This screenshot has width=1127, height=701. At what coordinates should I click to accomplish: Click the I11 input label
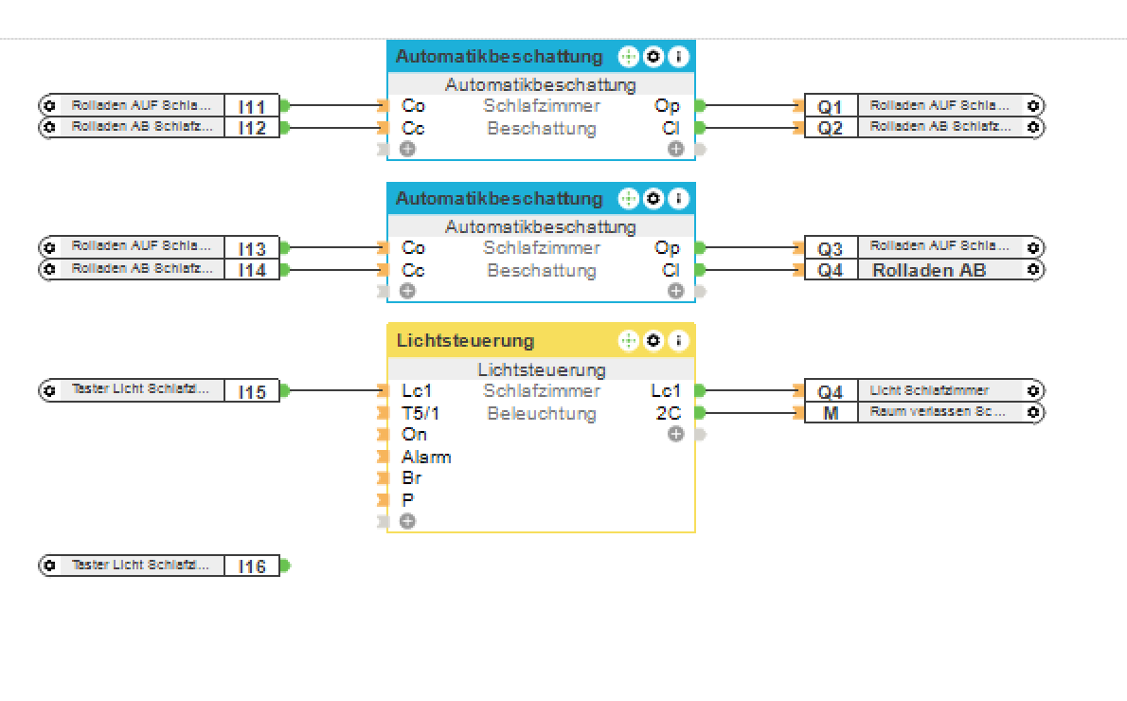coord(252,106)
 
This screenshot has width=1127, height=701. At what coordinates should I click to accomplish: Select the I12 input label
coord(252,127)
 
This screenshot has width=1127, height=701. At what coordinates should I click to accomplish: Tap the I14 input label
coord(252,270)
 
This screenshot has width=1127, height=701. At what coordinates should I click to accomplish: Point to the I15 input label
coord(252,391)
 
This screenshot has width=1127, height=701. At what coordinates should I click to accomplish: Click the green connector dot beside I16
coord(285,566)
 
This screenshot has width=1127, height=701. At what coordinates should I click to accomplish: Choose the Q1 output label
coord(831,106)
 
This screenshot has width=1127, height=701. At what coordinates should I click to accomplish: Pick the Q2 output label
coord(831,127)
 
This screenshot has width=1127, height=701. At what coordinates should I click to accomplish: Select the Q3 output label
coord(831,248)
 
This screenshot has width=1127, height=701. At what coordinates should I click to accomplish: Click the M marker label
coord(831,413)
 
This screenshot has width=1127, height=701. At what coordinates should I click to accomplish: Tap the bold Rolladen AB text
coord(929,270)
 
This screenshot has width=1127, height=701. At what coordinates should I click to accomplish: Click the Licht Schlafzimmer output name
coord(929,390)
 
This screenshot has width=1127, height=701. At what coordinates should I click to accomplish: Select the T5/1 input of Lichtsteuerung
coord(420,413)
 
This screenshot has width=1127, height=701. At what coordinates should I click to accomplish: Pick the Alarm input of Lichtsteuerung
coord(426,457)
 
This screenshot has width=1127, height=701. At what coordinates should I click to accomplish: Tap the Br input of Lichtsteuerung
coord(412,478)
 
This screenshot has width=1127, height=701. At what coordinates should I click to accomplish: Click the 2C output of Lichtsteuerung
coord(668,413)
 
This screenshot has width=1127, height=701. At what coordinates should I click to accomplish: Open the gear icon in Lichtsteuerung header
coord(653,340)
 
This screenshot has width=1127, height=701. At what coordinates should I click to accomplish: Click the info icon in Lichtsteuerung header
coord(678,340)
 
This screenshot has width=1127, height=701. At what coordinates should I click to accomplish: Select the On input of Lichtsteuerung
coord(414,435)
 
